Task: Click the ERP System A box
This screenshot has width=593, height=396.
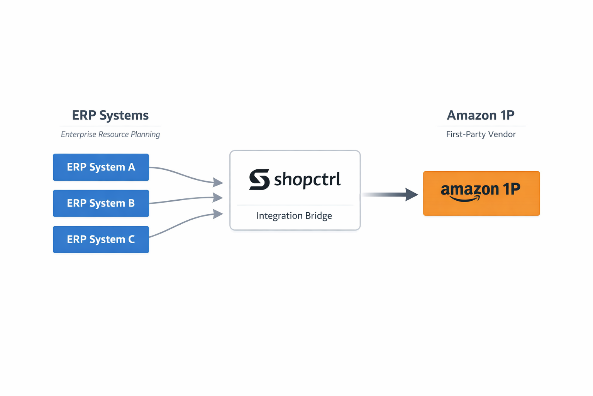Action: [x=101, y=167]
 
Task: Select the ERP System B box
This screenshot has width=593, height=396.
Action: [x=101, y=203]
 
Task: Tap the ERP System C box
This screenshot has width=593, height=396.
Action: [x=101, y=239]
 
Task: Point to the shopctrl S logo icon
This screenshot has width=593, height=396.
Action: [x=259, y=179]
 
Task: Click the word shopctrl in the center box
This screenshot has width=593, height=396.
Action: [x=307, y=179]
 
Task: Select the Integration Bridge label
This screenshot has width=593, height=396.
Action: [x=294, y=215]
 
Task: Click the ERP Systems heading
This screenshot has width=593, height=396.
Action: [x=110, y=115]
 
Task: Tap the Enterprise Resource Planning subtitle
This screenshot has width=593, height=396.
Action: [x=110, y=134]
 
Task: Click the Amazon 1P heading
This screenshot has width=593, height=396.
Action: [x=481, y=115]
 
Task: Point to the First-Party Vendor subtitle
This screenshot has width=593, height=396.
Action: [x=481, y=134]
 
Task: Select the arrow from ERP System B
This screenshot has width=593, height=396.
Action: [x=185, y=199]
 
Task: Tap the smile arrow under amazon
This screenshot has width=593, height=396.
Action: [x=465, y=199]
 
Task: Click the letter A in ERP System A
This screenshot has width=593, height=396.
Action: [x=132, y=167]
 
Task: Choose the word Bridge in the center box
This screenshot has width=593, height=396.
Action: [x=318, y=215]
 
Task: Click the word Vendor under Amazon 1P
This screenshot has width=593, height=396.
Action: [x=501, y=134]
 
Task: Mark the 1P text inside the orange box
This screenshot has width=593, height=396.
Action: [x=511, y=189]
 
